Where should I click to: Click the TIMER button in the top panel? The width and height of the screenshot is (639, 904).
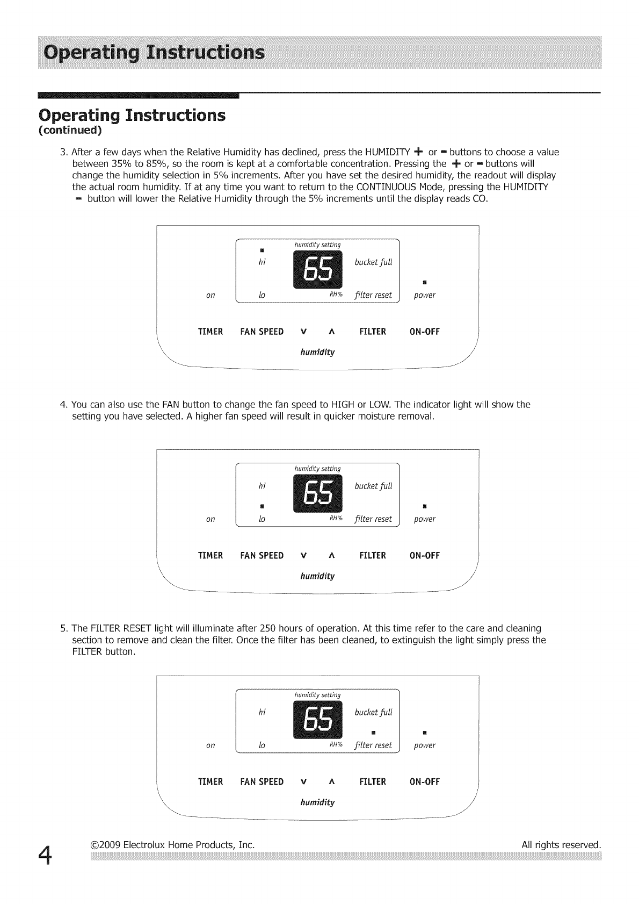coord(210,332)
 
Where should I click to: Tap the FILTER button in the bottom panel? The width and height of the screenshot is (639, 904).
coord(373,782)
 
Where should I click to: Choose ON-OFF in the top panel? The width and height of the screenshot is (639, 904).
coord(424,332)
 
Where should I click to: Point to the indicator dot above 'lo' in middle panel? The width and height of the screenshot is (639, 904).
coord(262,506)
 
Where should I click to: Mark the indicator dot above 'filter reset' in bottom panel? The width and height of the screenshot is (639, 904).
coord(373,733)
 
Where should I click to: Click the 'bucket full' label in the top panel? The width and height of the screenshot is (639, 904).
coord(374,262)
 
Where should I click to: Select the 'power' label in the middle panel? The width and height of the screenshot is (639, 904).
coord(424,519)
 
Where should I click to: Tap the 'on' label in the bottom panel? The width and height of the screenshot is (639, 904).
coord(210,745)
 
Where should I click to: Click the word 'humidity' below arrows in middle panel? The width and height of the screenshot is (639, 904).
coord(317,576)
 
